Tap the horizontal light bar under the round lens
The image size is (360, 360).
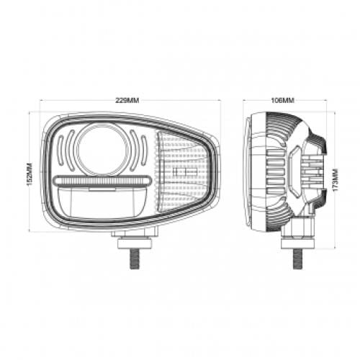(x=103, y=181)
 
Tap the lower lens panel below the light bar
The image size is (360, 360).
(x=103, y=202)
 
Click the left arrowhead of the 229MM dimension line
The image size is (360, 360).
(x=42, y=100)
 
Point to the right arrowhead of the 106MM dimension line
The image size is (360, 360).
(x=325, y=100)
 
